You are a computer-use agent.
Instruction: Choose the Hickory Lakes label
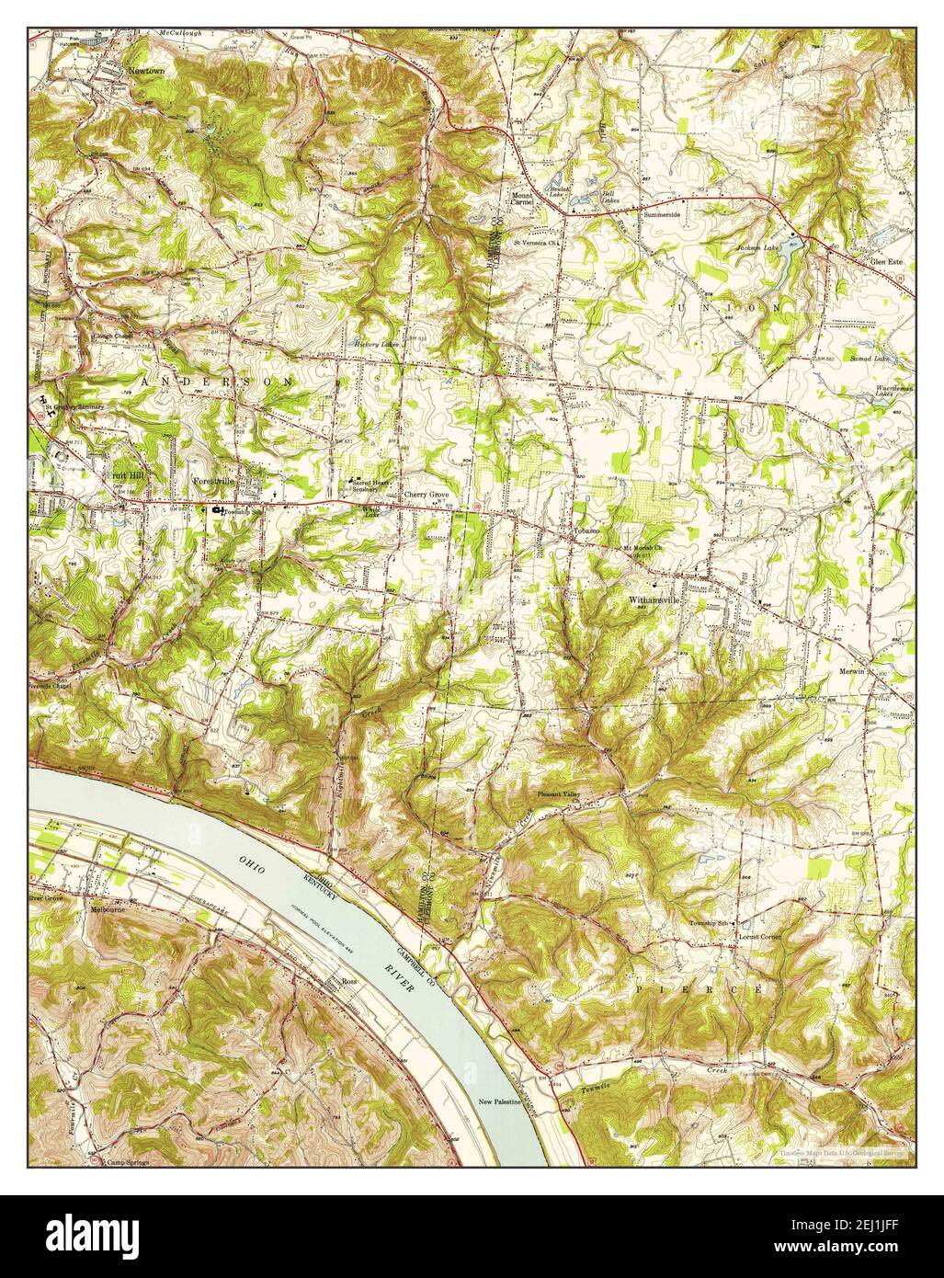point(374,346)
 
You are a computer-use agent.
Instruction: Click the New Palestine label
point(500,1101)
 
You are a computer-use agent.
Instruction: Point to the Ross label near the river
point(348,982)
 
